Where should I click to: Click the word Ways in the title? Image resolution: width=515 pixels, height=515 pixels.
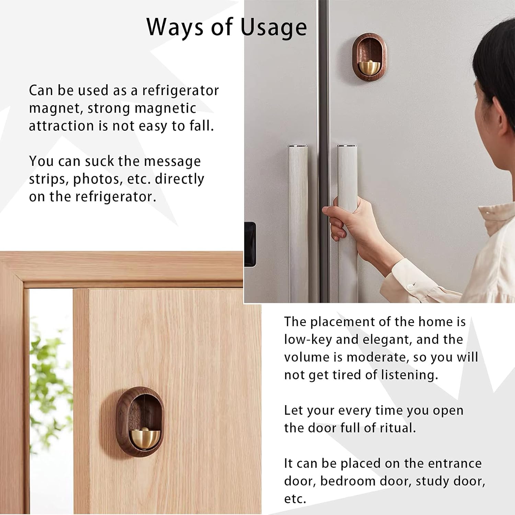pos(174,27)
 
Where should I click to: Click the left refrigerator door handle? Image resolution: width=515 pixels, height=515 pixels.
pos(298,223)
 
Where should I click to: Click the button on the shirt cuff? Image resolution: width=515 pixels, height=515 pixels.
pos(409,286)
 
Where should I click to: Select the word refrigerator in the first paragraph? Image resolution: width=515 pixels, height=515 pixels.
pos(180,91)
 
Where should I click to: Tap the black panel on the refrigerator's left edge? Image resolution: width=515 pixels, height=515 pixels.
pos(250,244)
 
